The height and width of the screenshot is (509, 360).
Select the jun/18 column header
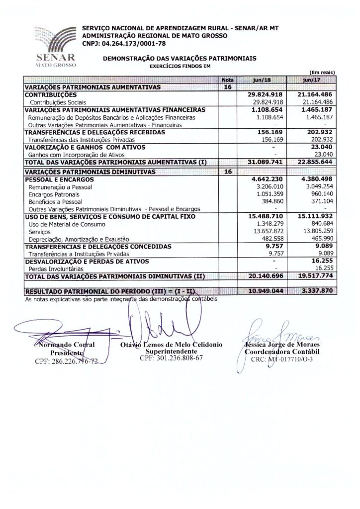tap(262, 80)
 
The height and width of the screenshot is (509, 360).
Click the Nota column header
tap(228, 80)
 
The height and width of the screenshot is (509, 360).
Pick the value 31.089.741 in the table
tap(266, 162)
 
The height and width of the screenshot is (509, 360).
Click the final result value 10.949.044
tap(266, 290)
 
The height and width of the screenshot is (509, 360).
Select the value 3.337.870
tap(316, 290)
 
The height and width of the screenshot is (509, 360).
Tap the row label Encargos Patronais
tap(52, 195)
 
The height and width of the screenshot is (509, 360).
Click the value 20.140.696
tap(266, 276)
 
